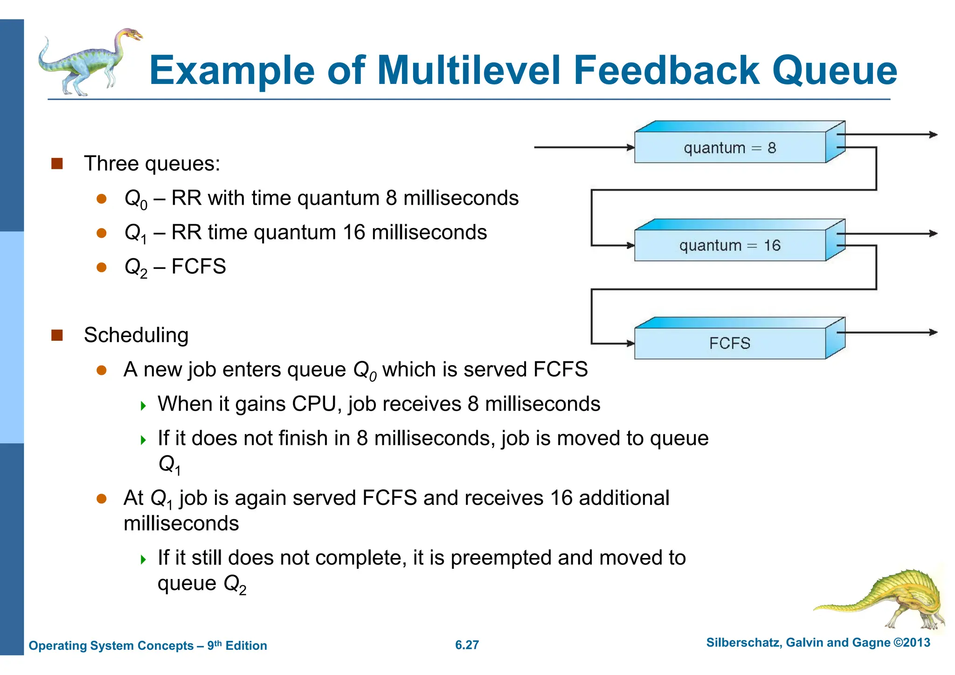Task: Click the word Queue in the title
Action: click(834, 71)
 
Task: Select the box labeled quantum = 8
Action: click(730, 148)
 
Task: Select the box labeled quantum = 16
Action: click(730, 246)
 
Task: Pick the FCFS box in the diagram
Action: click(730, 344)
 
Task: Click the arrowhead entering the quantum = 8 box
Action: click(630, 148)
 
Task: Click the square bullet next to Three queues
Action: click(57, 164)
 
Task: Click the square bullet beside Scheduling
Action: click(57, 335)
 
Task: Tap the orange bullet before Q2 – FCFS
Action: click(102, 267)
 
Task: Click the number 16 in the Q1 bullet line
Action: click(353, 233)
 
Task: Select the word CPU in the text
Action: click(313, 404)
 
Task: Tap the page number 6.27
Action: click(467, 645)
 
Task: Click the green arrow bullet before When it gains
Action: click(143, 406)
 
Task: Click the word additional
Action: click(624, 498)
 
